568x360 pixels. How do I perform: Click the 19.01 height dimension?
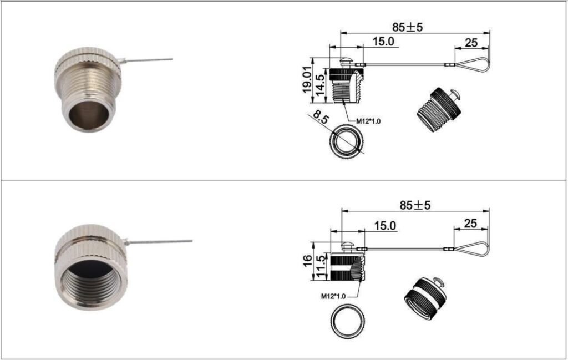pyautogui.click(x=306, y=80)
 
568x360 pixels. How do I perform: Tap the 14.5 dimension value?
pyautogui.click(x=320, y=85)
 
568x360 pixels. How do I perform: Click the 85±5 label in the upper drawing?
pyautogui.click(x=407, y=27)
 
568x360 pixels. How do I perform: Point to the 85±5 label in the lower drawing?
pyautogui.click(x=415, y=205)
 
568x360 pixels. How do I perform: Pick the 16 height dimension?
pyautogui.click(x=307, y=260)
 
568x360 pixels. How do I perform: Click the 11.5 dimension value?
pyautogui.click(x=321, y=267)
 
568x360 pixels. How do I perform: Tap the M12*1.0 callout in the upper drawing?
pyautogui.click(x=368, y=121)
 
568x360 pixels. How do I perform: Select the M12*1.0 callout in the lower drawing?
pyautogui.click(x=333, y=296)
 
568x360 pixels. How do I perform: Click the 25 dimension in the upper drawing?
pyautogui.click(x=471, y=43)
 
